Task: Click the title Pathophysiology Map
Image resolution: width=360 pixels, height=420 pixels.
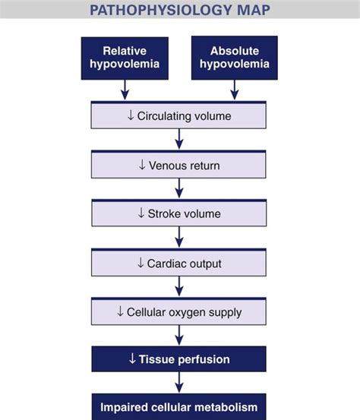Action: (x=179, y=11)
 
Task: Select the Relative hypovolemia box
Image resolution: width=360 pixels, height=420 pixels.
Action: (x=124, y=58)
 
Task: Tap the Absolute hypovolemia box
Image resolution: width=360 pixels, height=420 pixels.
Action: (x=235, y=58)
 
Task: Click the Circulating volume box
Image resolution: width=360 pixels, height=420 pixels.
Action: (x=178, y=115)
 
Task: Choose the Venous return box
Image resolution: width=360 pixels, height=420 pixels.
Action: (x=178, y=164)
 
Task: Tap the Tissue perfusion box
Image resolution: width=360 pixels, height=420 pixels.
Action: (x=178, y=358)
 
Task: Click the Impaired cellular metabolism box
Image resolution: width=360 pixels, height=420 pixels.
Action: (x=178, y=406)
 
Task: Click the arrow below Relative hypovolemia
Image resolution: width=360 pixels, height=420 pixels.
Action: (x=124, y=90)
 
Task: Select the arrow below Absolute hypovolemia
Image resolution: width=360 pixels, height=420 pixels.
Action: (x=235, y=90)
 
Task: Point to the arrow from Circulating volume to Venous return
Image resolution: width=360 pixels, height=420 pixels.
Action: (x=179, y=140)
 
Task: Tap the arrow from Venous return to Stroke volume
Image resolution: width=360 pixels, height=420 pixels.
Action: (x=179, y=188)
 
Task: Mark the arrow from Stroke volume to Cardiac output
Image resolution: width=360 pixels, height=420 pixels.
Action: (x=179, y=237)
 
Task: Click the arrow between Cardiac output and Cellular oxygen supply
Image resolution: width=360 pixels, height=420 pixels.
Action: (x=179, y=286)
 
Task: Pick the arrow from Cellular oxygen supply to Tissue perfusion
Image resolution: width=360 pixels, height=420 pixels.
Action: (x=179, y=335)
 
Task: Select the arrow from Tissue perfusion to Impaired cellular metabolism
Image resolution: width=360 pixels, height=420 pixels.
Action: (x=179, y=382)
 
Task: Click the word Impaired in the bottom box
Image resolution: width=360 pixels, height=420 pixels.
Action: (x=125, y=406)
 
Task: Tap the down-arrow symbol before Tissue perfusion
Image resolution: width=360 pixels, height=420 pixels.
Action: (x=133, y=358)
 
